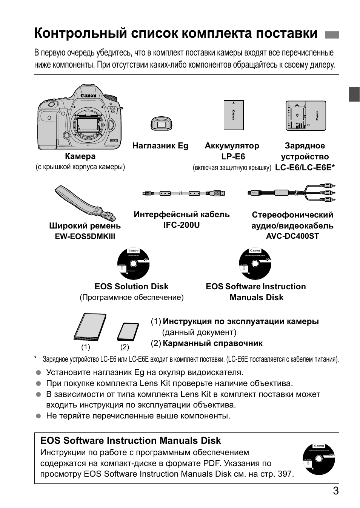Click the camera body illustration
coord(80,117)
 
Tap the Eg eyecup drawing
coord(161,124)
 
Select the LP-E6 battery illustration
coord(233,116)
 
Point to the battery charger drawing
coord(305,116)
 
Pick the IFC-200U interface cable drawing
coord(184,193)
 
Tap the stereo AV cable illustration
coord(291,191)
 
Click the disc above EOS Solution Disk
coord(134,263)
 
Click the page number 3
coord(335,491)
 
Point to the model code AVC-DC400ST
coord(292,236)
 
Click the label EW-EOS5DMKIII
coord(85,236)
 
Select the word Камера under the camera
coord(80,156)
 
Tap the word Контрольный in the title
coord(79,33)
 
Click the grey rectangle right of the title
coord(332,35)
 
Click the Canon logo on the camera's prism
coord(88,96)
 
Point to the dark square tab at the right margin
coord(354,94)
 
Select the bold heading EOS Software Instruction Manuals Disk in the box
coord(131,441)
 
